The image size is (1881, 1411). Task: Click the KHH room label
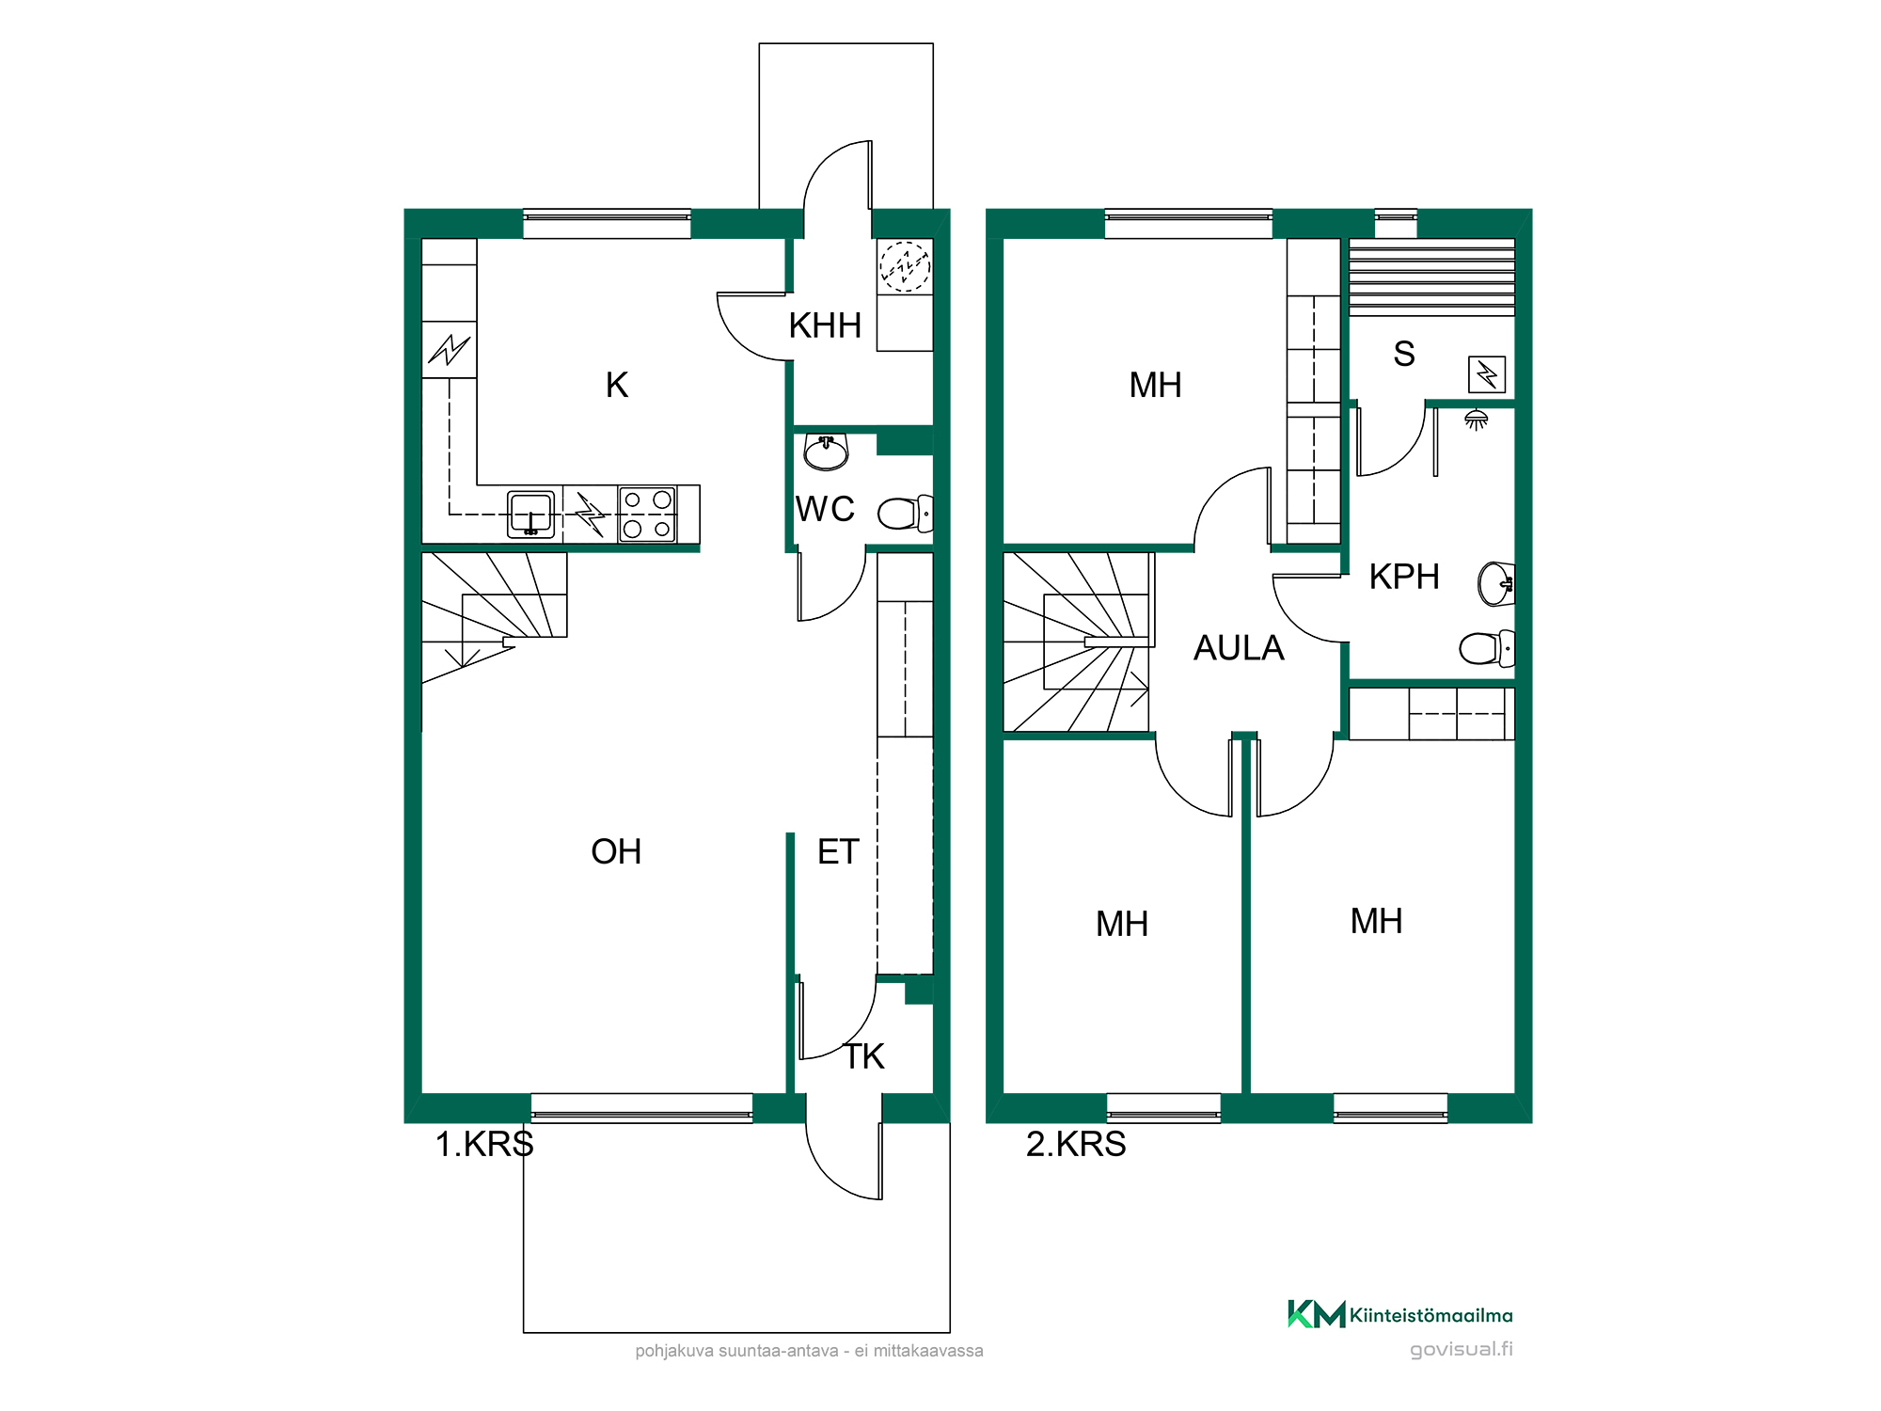pyautogui.click(x=825, y=325)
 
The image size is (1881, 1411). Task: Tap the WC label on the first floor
pyautogui.click(x=825, y=509)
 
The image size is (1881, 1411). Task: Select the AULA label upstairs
pyautogui.click(x=1239, y=648)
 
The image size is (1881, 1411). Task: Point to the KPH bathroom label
pyautogui.click(x=1404, y=577)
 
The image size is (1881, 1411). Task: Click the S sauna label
pyautogui.click(x=1404, y=354)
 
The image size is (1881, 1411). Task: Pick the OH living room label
pyautogui.click(x=616, y=851)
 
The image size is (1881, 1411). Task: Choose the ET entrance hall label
pyautogui.click(x=838, y=851)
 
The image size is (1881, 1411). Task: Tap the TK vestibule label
pyautogui.click(x=864, y=1056)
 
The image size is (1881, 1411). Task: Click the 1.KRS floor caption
pyautogui.click(x=484, y=1144)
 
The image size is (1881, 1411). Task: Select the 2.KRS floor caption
pyautogui.click(x=1076, y=1144)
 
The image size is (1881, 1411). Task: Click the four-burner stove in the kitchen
pyautogui.click(x=647, y=514)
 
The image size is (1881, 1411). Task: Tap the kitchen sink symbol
pyautogui.click(x=531, y=514)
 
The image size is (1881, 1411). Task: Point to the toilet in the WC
pyautogui.click(x=906, y=514)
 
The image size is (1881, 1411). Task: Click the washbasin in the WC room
pyautogui.click(x=826, y=452)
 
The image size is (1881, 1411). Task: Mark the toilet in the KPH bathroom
pyautogui.click(x=1487, y=648)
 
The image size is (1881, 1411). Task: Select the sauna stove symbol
pyautogui.click(x=1487, y=374)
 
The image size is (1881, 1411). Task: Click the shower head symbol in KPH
pyautogui.click(x=1477, y=420)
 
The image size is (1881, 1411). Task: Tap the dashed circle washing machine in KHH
pyautogui.click(x=905, y=267)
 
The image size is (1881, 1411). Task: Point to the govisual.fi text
pyautogui.click(x=1462, y=1350)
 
